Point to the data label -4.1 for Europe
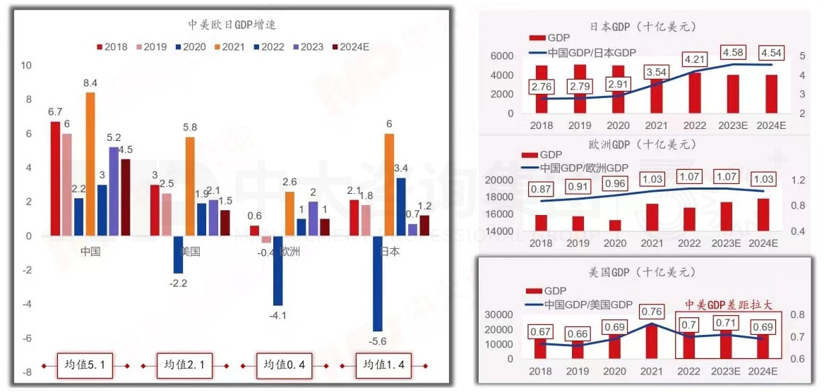click(277, 315)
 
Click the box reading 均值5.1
click(85, 365)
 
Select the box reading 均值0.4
click(283, 365)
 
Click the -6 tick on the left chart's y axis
click(27, 338)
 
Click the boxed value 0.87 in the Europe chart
click(542, 190)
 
